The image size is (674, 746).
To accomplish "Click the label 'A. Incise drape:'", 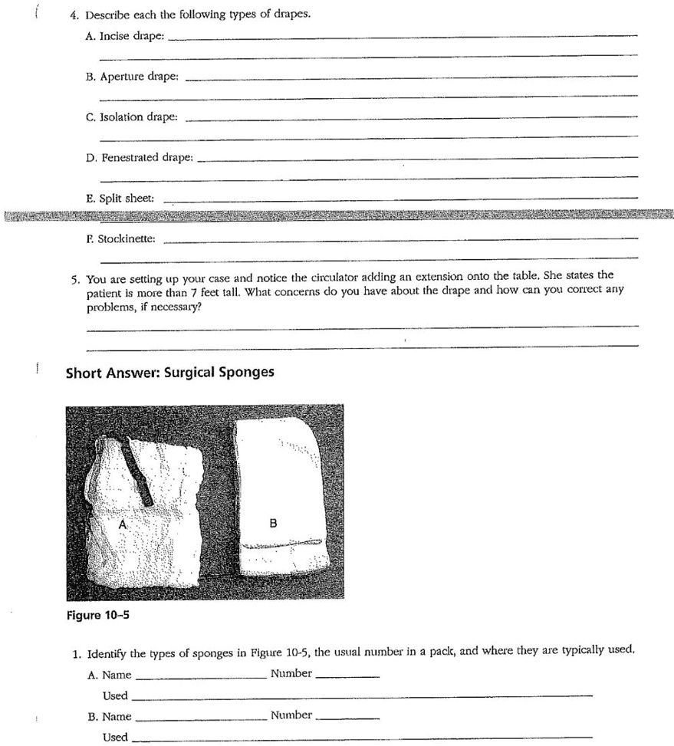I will coord(124,37).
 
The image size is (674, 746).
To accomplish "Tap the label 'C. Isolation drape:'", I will coord(132,117).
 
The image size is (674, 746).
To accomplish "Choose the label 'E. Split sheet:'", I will coord(120,198).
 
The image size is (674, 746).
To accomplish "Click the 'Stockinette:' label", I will coord(127,239).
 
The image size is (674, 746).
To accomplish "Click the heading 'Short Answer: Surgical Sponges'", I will coord(169,373).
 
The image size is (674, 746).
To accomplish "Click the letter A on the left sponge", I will coord(122,524).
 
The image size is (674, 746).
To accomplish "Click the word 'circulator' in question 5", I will coord(354,275).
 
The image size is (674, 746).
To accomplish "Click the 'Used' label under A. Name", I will coord(115,695).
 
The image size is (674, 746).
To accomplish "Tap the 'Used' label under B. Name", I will coord(115,737).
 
